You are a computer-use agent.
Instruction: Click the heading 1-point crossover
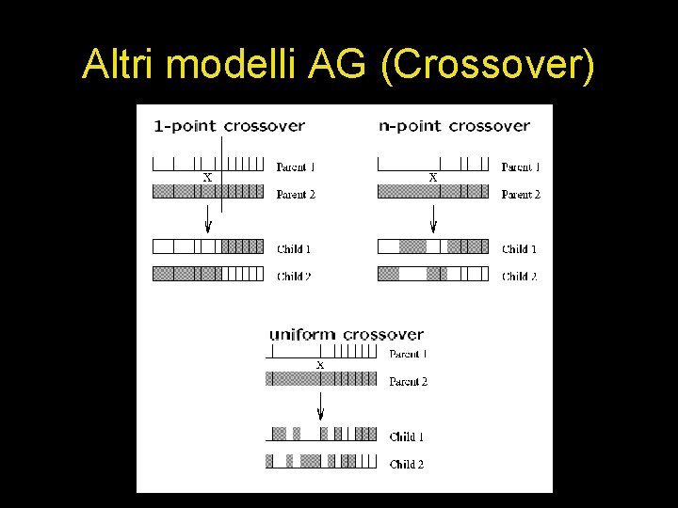pyautogui.click(x=229, y=125)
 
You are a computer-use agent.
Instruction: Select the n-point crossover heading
pyautogui.click(x=454, y=125)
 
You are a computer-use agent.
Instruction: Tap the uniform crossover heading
pyautogui.click(x=346, y=334)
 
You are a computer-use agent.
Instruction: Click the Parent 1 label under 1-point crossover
pyautogui.click(x=295, y=167)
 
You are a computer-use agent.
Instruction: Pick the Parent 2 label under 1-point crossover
pyautogui.click(x=295, y=195)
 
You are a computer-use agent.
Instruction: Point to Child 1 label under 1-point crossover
pyautogui.click(x=294, y=249)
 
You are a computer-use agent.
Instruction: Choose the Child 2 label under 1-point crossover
pyautogui.click(x=294, y=277)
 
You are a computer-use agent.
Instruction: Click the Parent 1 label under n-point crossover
pyautogui.click(x=521, y=167)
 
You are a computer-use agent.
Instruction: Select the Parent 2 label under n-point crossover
pyautogui.click(x=521, y=195)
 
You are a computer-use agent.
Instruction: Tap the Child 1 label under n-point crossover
pyautogui.click(x=519, y=249)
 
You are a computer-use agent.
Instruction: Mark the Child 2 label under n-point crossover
pyautogui.click(x=519, y=277)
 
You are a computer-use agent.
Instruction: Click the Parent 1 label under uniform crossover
pyautogui.click(x=408, y=355)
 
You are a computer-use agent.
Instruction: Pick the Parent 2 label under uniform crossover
pyautogui.click(x=408, y=382)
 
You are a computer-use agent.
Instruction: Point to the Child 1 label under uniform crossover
pyautogui.click(x=407, y=437)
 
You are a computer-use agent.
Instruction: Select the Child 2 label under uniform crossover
pyautogui.click(x=407, y=464)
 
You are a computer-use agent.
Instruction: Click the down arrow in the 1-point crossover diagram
pyautogui.click(x=208, y=221)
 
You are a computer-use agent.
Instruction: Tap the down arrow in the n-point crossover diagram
pyautogui.click(x=433, y=221)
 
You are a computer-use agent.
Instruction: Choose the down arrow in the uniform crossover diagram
pyautogui.click(x=320, y=406)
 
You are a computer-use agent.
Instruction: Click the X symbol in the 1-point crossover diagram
pyautogui.click(x=207, y=177)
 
